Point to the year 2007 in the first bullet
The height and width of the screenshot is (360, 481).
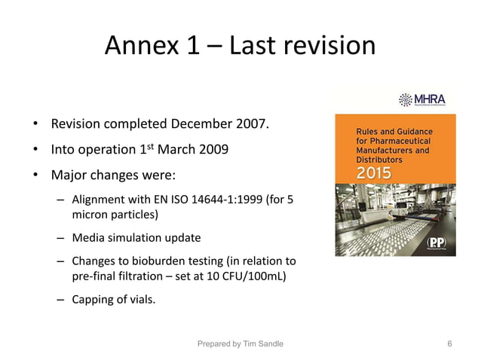[251, 123]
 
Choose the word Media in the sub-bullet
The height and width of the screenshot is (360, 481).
[87, 238]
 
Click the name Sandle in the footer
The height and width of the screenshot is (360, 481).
[269, 343]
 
